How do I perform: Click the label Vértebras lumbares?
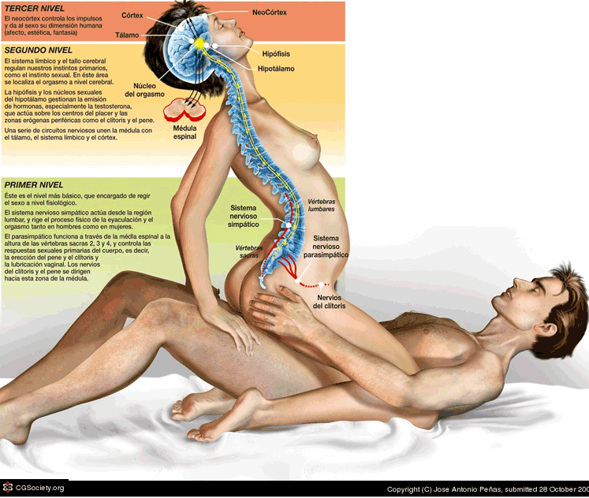[320, 206]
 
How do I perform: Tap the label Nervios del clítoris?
[330, 302]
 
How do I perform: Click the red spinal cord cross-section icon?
[186, 107]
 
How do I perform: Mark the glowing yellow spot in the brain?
[199, 43]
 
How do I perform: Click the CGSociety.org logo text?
[36, 488]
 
